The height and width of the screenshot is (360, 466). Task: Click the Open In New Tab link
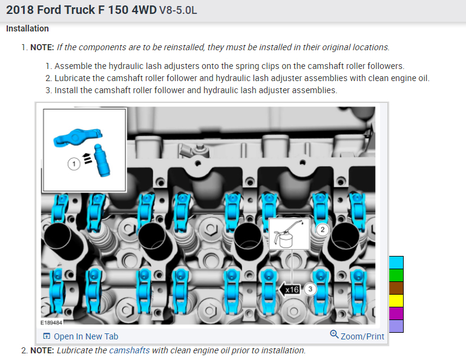80,336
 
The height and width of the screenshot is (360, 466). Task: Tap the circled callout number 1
74,164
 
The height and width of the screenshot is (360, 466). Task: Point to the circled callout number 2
322,229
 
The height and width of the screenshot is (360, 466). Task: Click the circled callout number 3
310,289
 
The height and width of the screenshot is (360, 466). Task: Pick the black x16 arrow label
289,289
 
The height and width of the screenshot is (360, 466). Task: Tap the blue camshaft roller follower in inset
78,137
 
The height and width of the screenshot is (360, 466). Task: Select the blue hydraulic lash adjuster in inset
102,160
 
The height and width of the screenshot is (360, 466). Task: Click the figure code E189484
51,322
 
